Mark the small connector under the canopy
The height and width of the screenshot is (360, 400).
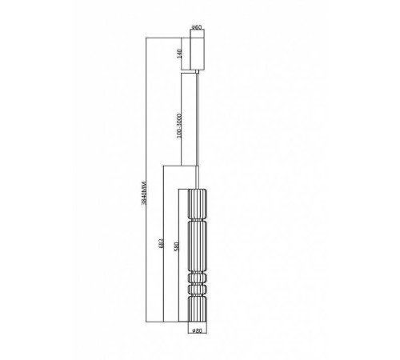198,74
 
